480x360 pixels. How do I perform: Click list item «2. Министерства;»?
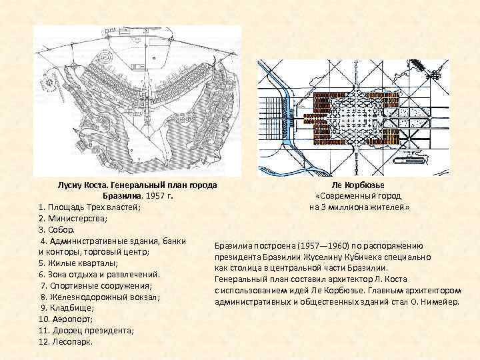(77, 218)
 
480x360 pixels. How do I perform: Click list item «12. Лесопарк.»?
(67, 342)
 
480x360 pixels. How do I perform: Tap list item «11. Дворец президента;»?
(87, 331)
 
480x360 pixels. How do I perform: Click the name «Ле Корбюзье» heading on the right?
(358, 184)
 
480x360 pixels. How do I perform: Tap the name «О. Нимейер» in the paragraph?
(431, 302)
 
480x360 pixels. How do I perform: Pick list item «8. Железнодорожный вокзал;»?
(100, 297)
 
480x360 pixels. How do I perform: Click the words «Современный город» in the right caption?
(361, 195)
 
